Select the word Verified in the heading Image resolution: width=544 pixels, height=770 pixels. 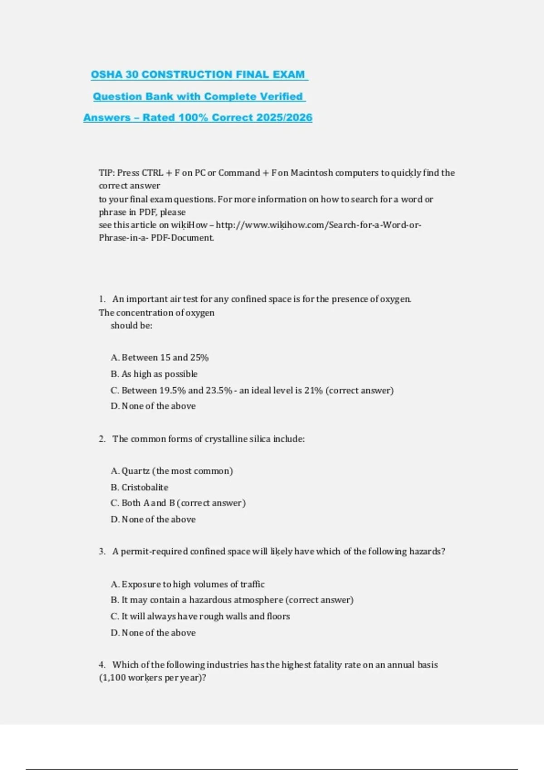pos(280,96)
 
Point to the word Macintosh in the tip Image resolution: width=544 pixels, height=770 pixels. pos(311,173)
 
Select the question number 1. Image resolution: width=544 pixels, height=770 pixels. pos(102,299)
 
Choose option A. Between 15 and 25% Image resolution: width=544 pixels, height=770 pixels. pos(160,357)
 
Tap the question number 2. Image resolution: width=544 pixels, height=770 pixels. pos(102,438)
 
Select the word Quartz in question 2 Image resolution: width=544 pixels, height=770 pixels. pos(136,471)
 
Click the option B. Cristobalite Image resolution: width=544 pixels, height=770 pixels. pos(140,487)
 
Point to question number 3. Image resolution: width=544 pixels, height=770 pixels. pos(102,551)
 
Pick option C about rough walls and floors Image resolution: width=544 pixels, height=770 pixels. pos(200,616)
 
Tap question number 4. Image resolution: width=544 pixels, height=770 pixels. pos(102,664)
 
